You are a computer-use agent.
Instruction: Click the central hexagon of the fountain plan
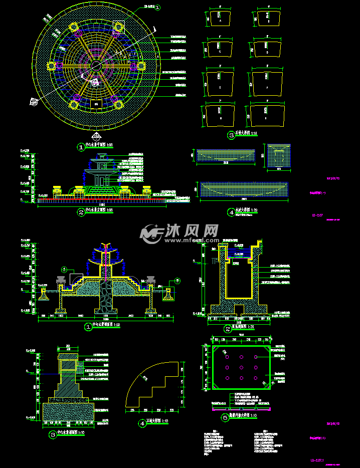click(x=96, y=66)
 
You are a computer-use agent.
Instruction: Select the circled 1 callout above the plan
click(x=157, y=8)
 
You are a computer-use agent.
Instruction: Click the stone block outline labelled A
click(x=219, y=20)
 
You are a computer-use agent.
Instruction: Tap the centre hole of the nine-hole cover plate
click(x=241, y=367)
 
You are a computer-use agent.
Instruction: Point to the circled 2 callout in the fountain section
click(x=177, y=281)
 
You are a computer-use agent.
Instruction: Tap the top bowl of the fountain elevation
click(x=102, y=154)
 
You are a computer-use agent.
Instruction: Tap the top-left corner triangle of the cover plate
click(x=216, y=349)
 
